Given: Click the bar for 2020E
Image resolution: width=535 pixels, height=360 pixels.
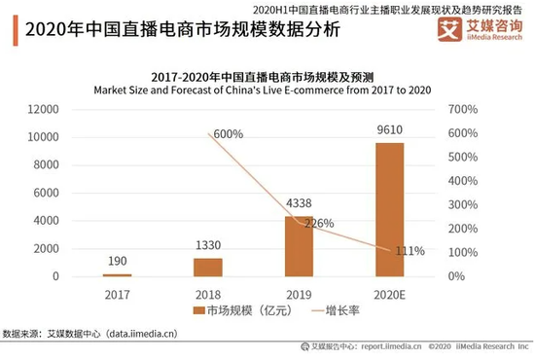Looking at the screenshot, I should pyautogui.click(x=389, y=209).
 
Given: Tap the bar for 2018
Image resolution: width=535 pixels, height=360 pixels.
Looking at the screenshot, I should pyautogui.click(x=208, y=267).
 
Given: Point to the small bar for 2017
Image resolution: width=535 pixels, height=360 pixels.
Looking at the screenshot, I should pyautogui.click(x=117, y=275).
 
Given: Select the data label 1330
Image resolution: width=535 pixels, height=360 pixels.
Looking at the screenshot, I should pyautogui.click(x=207, y=246).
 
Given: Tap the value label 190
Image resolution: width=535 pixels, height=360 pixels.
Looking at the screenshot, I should pyautogui.click(x=117, y=262).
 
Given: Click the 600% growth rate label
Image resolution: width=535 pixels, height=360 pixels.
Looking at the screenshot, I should pyautogui.click(x=228, y=134).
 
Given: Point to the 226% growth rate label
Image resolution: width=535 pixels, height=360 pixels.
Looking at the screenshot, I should pyautogui.click(x=320, y=223).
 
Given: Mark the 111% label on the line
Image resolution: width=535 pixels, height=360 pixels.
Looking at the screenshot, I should pyautogui.click(x=410, y=251).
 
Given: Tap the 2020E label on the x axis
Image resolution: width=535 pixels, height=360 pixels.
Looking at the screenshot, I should pyautogui.click(x=389, y=292).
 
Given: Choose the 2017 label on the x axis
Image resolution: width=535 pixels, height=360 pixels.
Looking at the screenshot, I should pyautogui.click(x=117, y=292).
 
